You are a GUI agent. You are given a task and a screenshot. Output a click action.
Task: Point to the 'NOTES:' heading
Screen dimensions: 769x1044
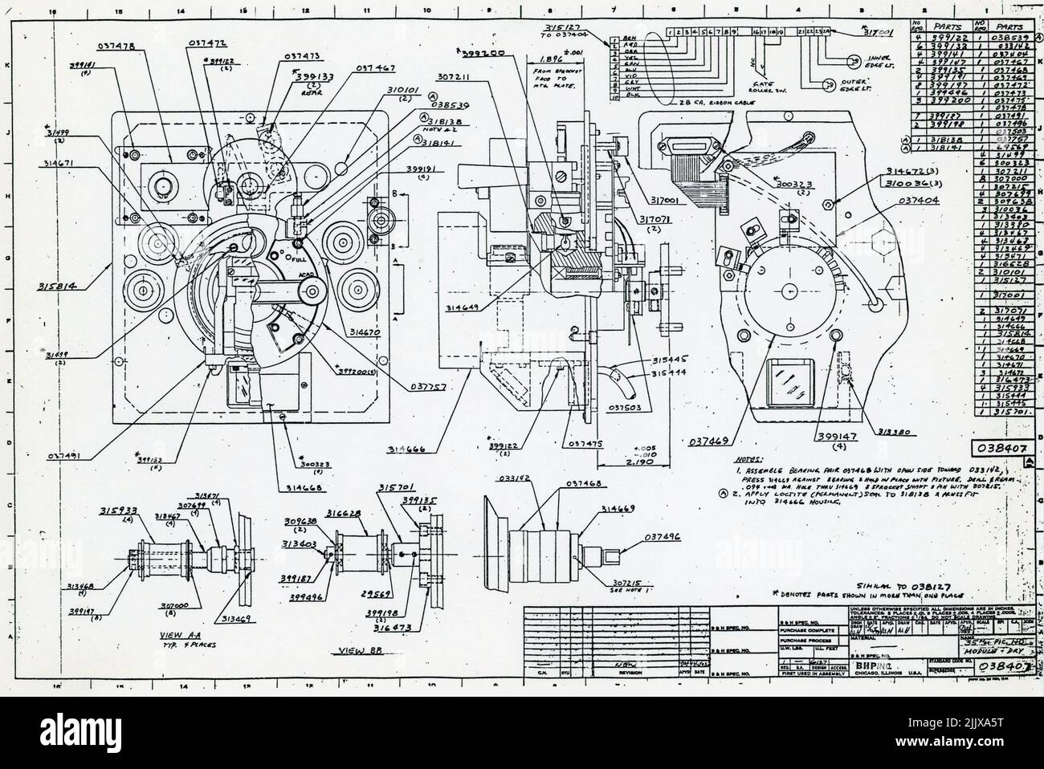pos(751,459)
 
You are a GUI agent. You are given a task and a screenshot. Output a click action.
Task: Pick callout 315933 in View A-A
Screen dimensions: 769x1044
pos(118,511)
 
